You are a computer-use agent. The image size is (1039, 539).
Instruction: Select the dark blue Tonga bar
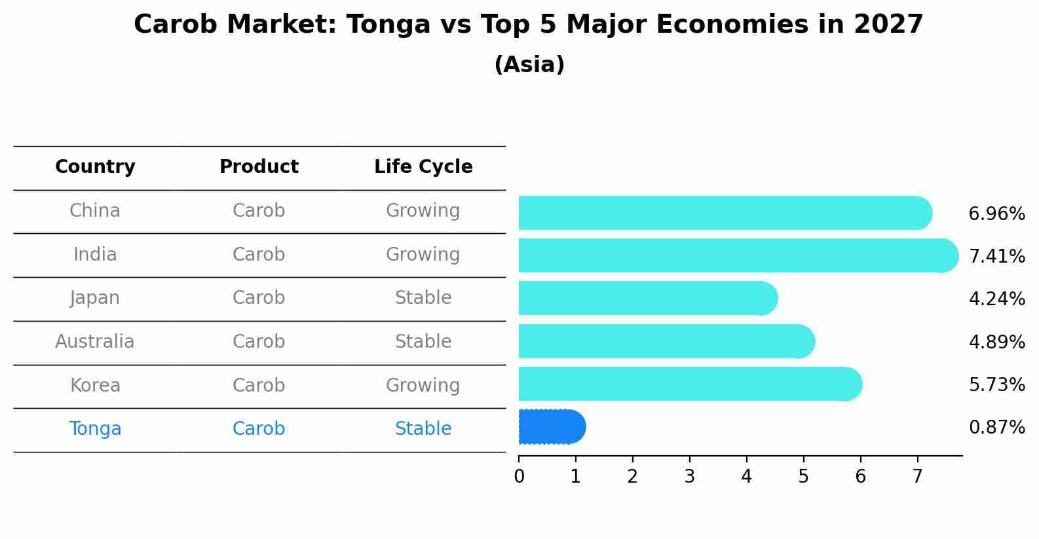551,427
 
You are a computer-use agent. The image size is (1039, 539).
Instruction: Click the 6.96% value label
996,214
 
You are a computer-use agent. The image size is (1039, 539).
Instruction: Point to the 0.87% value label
996,428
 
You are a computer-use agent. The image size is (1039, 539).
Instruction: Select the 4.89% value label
996,342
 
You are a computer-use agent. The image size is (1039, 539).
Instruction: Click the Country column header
95,167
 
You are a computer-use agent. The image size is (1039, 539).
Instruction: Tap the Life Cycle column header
423,167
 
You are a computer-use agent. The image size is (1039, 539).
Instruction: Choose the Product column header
259,167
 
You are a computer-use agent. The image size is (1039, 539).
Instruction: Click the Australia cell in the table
95,342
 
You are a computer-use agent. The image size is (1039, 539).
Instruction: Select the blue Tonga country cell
95,429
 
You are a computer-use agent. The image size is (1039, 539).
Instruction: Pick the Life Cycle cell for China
423,211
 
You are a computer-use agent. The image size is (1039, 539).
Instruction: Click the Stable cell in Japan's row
423,298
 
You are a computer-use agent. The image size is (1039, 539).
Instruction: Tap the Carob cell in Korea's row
259,385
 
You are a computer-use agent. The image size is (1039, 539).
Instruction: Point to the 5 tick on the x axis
803,476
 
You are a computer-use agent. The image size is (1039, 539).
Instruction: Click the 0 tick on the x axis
519,476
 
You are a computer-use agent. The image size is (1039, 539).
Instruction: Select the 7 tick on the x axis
917,476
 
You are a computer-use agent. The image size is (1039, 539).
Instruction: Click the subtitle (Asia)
529,65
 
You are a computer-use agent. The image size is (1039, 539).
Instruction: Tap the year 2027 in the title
888,25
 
